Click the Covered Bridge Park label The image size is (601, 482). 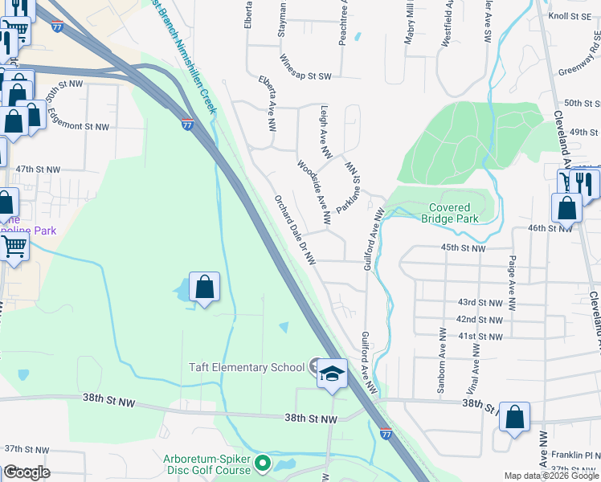450,213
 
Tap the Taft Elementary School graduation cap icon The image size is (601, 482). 332,374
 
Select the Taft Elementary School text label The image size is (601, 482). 246,367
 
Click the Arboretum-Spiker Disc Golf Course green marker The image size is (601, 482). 263,463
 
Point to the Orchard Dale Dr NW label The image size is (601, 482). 295,230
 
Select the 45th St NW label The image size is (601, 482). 464,248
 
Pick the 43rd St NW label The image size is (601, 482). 479,302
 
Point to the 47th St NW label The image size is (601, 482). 38,170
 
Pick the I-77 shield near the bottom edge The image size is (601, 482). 385,433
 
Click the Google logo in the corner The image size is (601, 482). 27,472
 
